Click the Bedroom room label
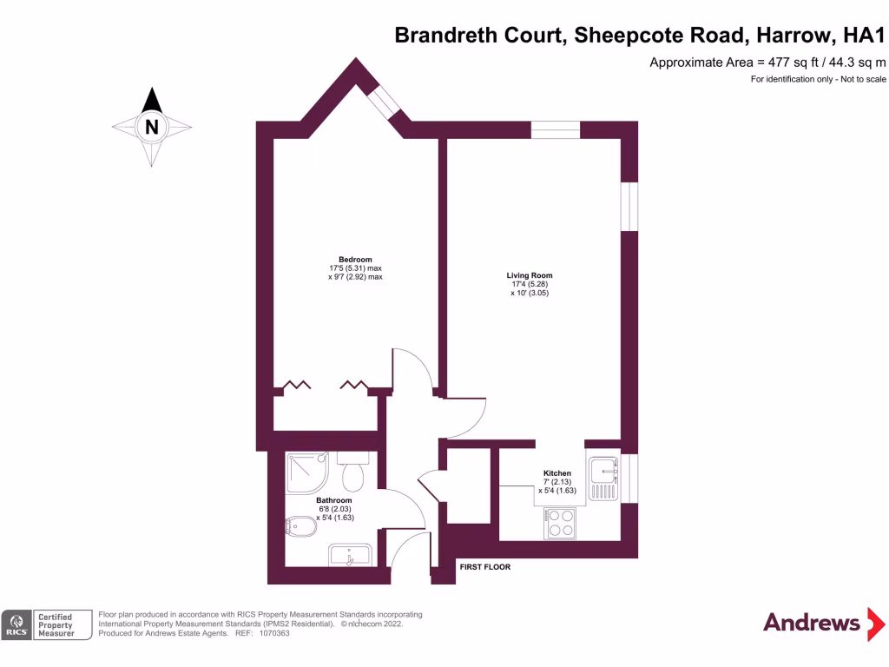[355, 260]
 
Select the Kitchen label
[557, 473]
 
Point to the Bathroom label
[334, 501]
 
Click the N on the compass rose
[153, 127]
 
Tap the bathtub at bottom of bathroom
[350, 555]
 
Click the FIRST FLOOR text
[484, 567]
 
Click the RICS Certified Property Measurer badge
[48, 625]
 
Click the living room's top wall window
[556, 130]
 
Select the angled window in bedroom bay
[382, 101]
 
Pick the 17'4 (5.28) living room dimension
[530, 285]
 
